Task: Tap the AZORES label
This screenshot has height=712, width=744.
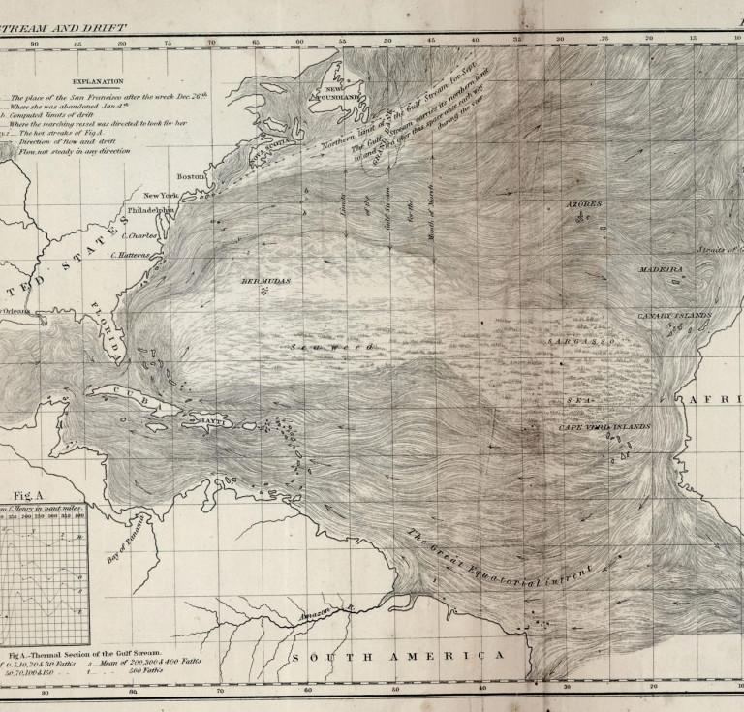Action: click(584, 205)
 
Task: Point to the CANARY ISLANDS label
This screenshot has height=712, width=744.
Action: click(673, 316)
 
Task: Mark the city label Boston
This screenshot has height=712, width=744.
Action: click(192, 176)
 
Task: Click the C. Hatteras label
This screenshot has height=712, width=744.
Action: click(130, 255)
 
